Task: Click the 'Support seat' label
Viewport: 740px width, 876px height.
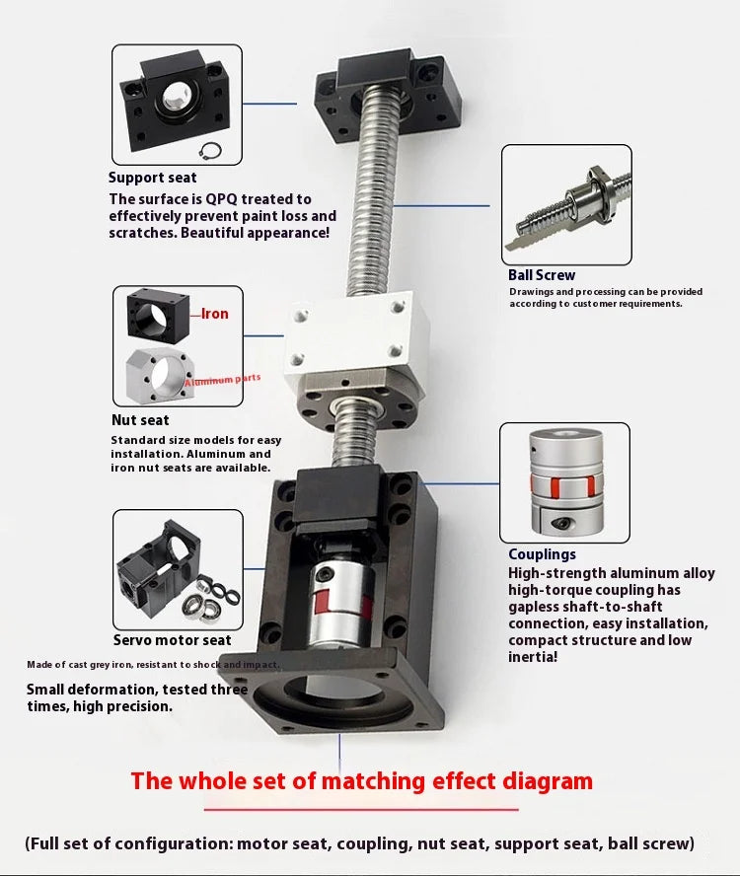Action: (152, 178)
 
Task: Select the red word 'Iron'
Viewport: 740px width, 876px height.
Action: (214, 314)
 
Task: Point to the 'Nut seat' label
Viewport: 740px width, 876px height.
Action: (140, 420)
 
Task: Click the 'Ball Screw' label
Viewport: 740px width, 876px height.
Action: (541, 275)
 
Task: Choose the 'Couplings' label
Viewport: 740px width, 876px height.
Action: (542, 554)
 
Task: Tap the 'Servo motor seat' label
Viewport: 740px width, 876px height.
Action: (173, 640)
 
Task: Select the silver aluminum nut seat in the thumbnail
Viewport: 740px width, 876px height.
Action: (163, 374)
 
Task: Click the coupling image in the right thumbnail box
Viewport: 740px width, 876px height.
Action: (564, 482)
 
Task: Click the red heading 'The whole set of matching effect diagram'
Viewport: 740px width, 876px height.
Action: (362, 782)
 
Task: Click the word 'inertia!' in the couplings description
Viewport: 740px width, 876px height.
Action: (533, 656)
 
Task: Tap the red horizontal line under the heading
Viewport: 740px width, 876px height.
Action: (362, 809)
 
